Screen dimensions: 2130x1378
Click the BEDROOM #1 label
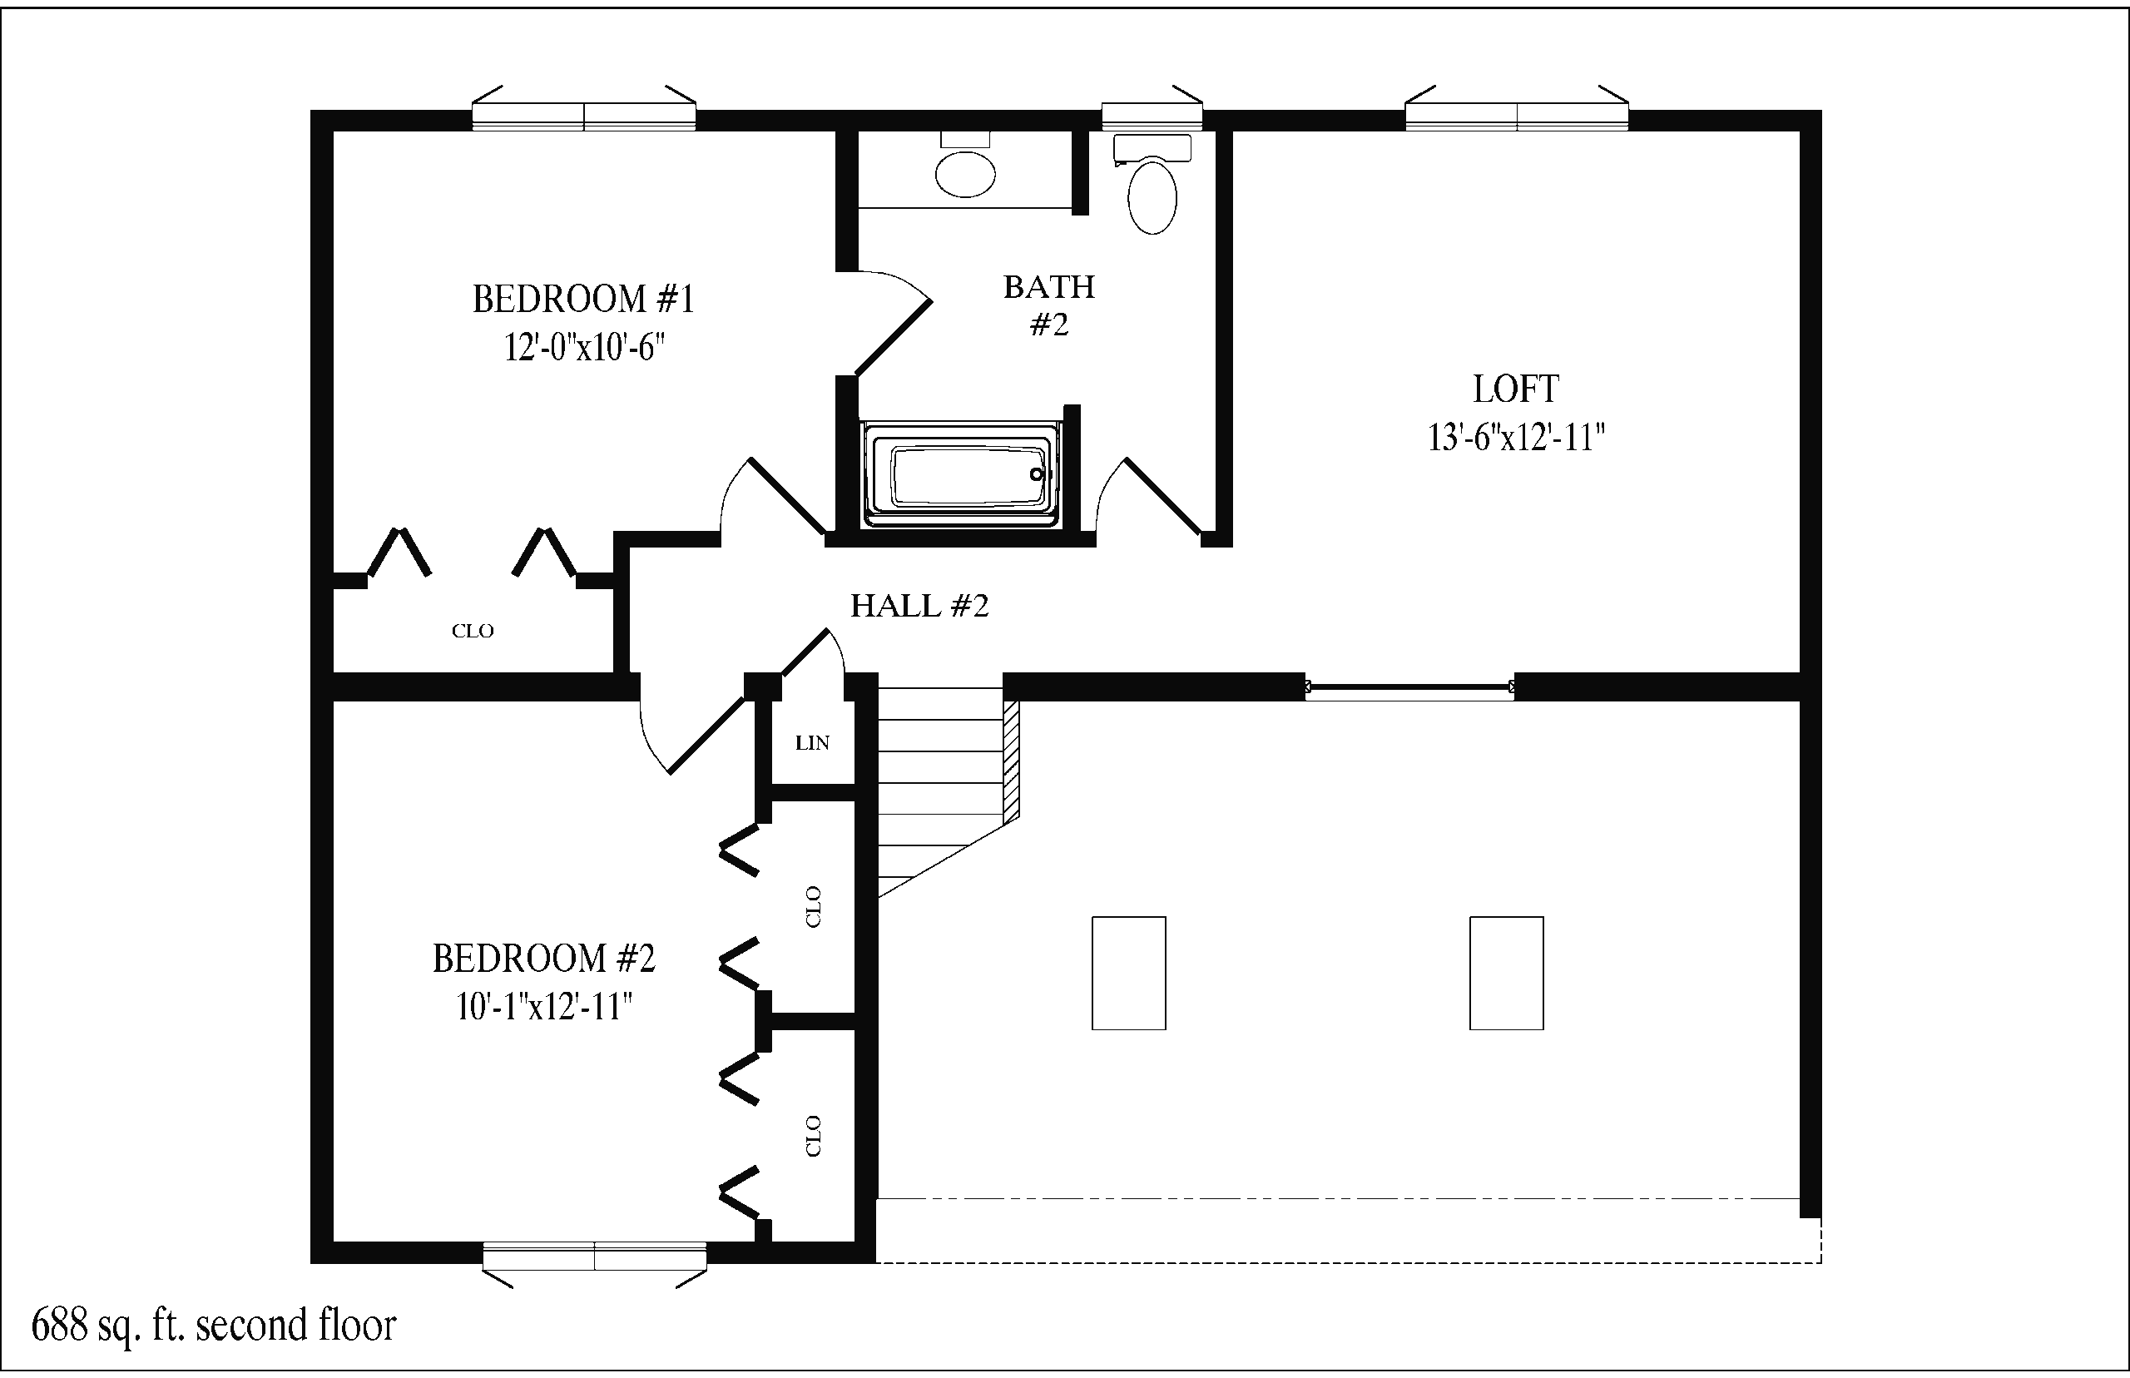coord(583,299)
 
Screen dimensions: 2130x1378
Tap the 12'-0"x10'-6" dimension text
coord(584,346)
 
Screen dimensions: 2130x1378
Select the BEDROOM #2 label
coord(544,959)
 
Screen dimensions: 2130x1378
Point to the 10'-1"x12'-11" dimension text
coord(545,1007)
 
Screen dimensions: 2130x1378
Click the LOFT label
coord(1516,389)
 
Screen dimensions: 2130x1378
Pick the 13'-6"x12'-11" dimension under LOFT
coord(1516,438)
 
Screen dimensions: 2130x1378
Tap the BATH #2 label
coord(1049,305)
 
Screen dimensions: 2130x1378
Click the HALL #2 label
coord(919,606)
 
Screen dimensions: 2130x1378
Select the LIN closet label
coord(812,743)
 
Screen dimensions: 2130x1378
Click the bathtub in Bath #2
coord(960,475)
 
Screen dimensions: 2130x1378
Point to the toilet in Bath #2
coord(1152,185)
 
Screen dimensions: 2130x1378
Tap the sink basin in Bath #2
coord(965,174)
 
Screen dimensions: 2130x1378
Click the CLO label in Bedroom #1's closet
coord(473,631)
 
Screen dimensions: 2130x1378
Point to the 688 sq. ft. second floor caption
coord(214,1326)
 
